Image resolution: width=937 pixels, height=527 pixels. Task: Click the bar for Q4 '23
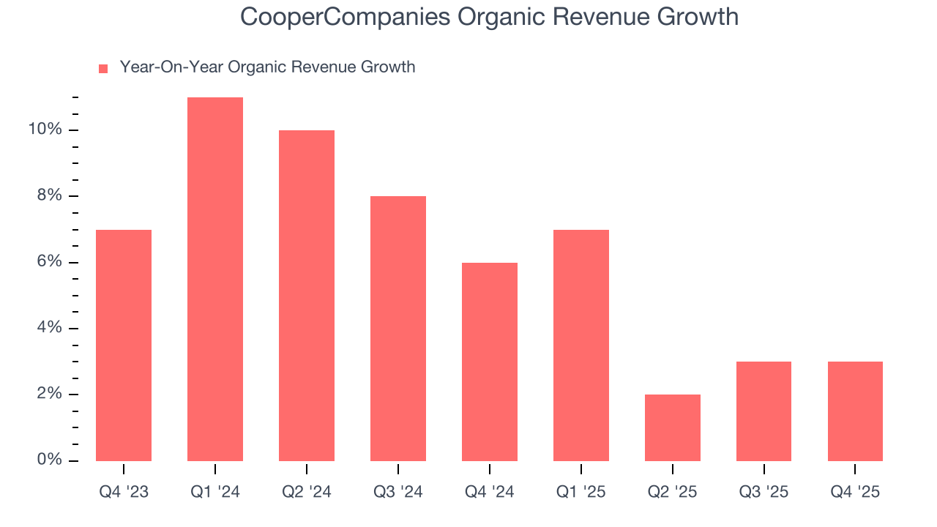(x=124, y=345)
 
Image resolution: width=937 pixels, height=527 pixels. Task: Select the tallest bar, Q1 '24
(x=215, y=279)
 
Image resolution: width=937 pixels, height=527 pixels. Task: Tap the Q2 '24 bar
(x=307, y=296)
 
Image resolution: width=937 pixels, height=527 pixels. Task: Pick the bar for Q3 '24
(x=398, y=329)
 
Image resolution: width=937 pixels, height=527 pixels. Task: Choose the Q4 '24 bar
(x=490, y=362)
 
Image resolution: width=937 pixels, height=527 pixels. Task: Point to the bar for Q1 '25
(x=581, y=345)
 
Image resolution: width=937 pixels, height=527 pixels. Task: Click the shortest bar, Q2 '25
(x=673, y=427)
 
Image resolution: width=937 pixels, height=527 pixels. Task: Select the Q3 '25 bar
(x=764, y=411)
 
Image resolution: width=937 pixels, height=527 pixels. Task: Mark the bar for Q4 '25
(x=855, y=411)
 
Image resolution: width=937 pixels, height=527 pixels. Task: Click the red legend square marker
(x=103, y=68)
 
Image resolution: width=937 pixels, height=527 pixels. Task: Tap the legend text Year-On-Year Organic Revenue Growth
(x=267, y=67)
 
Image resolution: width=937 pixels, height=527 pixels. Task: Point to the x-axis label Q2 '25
(x=673, y=492)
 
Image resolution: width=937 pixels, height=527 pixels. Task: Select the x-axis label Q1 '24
(x=215, y=492)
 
